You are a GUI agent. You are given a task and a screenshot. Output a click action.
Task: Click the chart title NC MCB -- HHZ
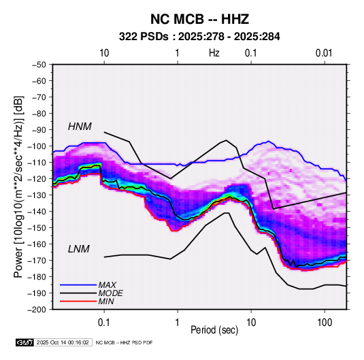pyautogui.click(x=199, y=19)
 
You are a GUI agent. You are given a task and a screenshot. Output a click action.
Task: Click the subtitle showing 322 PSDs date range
pyautogui.click(x=199, y=37)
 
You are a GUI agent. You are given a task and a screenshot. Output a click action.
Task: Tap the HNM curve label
pyautogui.click(x=80, y=127)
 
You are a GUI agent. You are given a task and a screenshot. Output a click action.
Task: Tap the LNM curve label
pyautogui.click(x=79, y=249)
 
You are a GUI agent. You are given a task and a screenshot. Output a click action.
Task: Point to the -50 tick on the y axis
pyautogui.click(x=39, y=65)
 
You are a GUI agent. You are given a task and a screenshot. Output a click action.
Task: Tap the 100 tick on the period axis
pyautogui.click(x=325, y=323)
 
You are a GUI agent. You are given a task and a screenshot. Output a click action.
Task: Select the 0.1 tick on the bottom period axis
pyautogui.click(x=104, y=323)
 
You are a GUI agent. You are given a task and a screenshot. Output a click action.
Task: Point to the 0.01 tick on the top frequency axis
pyautogui.click(x=324, y=53)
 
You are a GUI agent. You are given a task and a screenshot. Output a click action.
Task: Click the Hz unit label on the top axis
pyautogui.click(x=214, y=53)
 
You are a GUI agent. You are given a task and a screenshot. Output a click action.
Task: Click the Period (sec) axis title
pyautogui.click(x=214, y=330)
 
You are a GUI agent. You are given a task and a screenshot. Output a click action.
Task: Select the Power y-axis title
pyautogui.click(x=18, y=187)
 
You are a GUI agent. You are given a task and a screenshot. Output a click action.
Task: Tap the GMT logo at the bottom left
pyautogui.click(x=24, y=342)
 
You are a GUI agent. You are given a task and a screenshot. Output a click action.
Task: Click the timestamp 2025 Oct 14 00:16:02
pyautogui.click(x=63, y=342)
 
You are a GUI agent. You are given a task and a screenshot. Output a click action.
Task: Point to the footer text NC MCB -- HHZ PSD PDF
pyautogui.click(x=125, y=342)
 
